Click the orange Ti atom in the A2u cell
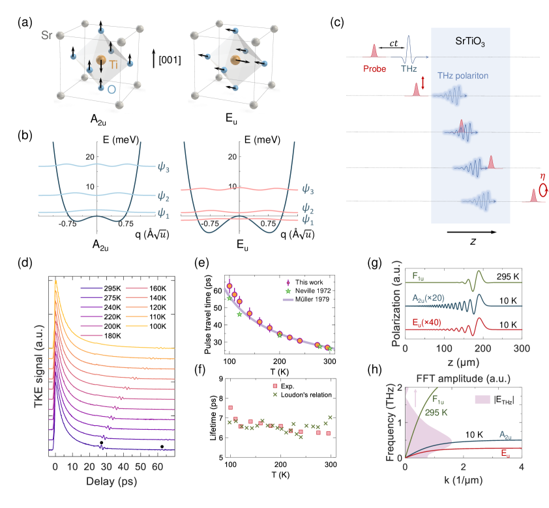pyautogui.click(x=101, y=61)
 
